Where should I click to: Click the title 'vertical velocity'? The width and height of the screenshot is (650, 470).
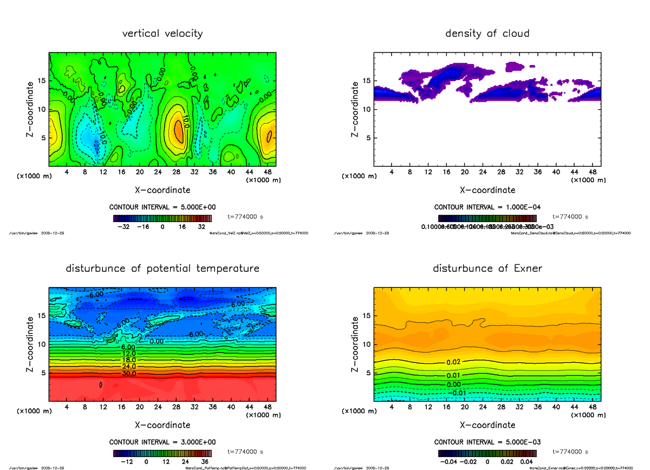click(x=162, y=34)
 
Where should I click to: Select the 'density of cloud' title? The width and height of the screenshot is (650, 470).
click(x=487, y=34)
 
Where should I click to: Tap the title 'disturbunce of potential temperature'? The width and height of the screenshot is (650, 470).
click(x=162, y=269)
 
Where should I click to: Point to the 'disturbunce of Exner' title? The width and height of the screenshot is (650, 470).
click(x=487, y=269)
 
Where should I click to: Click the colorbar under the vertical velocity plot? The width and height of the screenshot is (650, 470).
click(x=162, y=218)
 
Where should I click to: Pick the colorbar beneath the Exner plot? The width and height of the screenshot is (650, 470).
click(x=487, y=453)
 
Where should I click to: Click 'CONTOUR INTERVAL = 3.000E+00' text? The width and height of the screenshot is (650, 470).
click(x=162, y=442)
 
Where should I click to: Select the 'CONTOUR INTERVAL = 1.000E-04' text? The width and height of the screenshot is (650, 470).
click(x=487, y=207)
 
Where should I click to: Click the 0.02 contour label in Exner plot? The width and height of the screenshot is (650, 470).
click(x=453, y=362)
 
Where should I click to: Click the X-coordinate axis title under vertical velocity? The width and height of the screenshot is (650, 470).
click(x=162, y=190)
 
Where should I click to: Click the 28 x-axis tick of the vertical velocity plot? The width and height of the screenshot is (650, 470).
click(x=175, y=172)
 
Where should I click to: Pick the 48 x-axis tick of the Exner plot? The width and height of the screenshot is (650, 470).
click(x=593, y=407)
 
